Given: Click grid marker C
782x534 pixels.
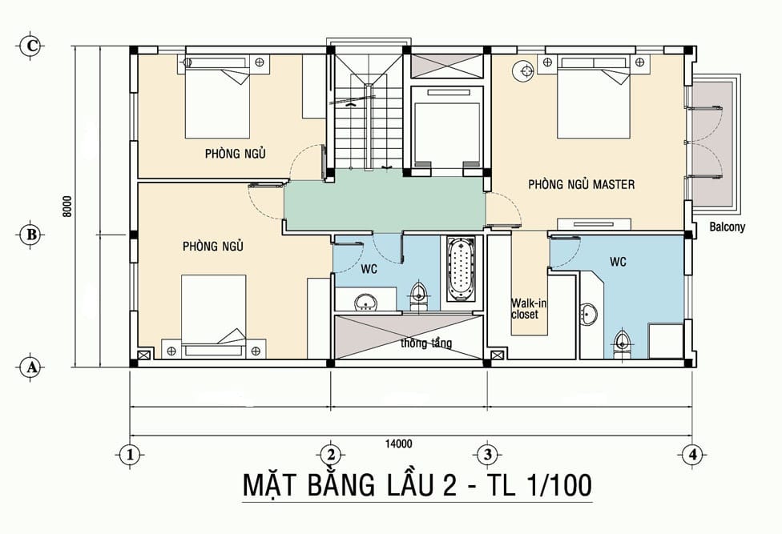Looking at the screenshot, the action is click(31, 46).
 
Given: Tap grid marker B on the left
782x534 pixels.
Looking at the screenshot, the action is click(31, 234).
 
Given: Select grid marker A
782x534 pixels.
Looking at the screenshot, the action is click(31, 367).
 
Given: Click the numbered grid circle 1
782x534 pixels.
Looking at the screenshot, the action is click(131, 454).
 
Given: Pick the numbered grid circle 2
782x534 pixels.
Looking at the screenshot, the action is click(331, 454).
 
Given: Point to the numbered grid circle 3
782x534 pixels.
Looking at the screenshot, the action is click(487, 454).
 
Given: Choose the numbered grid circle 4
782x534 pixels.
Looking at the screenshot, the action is click(692, 454).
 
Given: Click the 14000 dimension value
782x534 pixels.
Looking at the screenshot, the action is click(398, 444).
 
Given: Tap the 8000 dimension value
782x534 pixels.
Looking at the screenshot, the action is click(67, 207).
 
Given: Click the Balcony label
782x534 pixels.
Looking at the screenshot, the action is click(728, 227).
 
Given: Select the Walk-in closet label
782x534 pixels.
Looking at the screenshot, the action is click(525, 309).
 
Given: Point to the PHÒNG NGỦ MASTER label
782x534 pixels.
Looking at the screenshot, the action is click(582, 184).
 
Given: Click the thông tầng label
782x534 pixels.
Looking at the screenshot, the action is click(426, 343).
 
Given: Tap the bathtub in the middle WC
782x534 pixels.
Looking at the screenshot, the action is click(461, 270).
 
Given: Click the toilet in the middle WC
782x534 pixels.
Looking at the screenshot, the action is click(418, 296).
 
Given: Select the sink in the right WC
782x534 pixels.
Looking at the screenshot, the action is click(590, 315).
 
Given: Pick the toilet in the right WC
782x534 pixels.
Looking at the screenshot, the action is click(622, 343).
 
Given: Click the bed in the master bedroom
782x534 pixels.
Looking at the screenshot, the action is click(594, 98).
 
